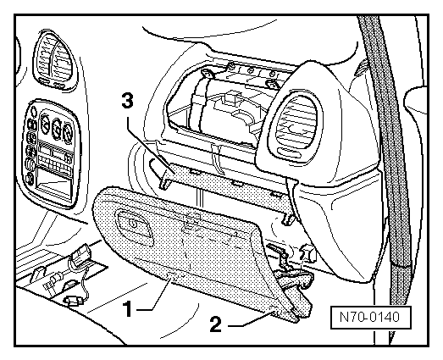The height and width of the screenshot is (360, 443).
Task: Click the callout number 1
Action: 129,308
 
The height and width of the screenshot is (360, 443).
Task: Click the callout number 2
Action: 216,324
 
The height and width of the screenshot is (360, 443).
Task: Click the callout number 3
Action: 127,100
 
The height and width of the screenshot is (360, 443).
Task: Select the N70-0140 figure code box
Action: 370,317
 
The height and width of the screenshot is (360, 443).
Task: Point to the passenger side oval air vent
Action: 296,125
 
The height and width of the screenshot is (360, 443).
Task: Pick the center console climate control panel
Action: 50,153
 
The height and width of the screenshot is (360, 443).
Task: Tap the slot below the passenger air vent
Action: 289,152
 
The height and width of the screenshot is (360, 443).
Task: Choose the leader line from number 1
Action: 155,296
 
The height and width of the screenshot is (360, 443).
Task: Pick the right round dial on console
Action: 68,133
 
